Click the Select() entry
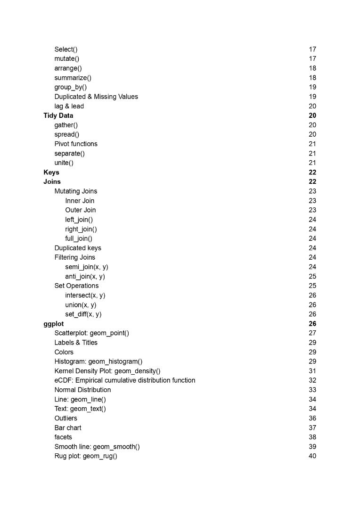click(66, 49)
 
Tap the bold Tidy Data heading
click(58, 115)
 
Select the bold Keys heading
click(51, 172)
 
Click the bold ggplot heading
click(54, 324)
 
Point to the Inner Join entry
click(80, 201)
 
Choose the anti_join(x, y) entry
click(85, 277)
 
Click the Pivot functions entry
click(76, 144)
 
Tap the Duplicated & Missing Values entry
click(96, 97)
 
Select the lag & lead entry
click(69, 106)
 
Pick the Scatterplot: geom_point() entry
click(92, 333)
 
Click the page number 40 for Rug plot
click(312, 456)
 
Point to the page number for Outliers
click(312, 418)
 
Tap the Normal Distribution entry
click(82, 390)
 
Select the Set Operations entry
click(76, 286)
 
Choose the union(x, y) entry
click(81, 305)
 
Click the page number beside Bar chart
click(312, 427)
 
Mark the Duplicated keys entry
click(78, 248)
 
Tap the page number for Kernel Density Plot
click(312, 371)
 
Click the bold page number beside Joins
click(312, 182)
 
